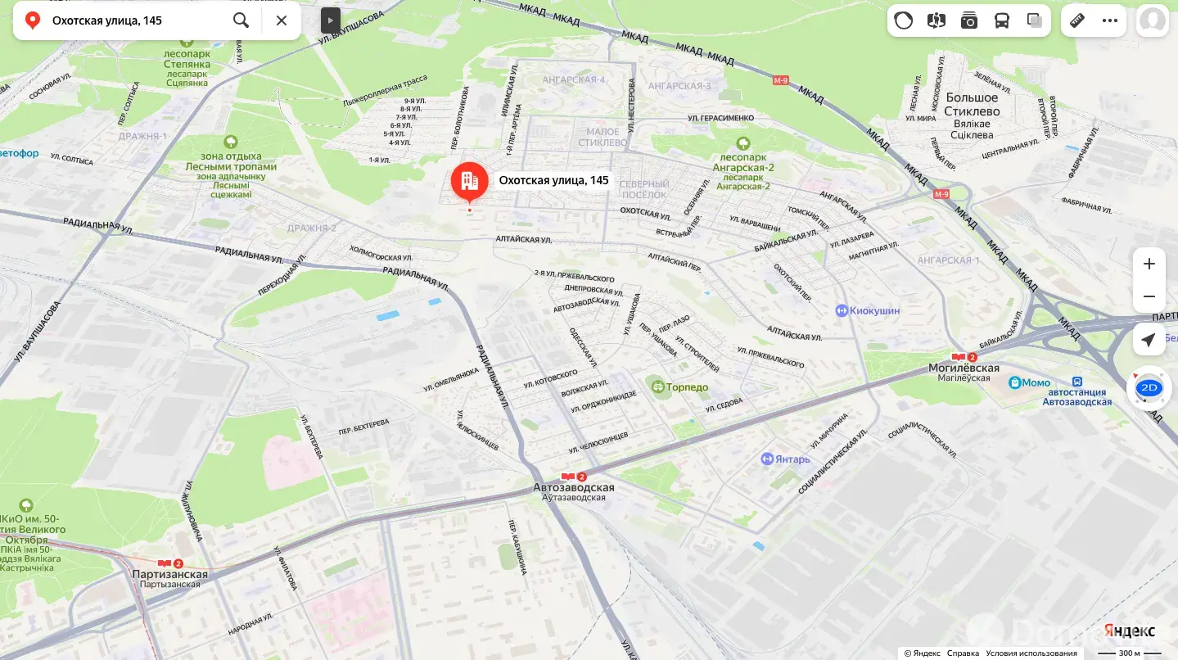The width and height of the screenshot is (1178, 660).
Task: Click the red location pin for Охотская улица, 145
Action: coord(469,182)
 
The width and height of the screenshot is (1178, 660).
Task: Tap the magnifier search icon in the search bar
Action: coord(241,20)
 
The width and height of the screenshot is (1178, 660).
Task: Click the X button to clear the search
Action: coord(282,20)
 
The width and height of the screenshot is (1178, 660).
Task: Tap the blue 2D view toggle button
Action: coord(1149,388)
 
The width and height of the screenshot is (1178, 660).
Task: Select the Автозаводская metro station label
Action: coord(573,487)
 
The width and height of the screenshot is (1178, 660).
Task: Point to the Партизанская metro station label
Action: coord(170,574)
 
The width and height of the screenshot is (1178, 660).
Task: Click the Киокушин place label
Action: coord(874,310)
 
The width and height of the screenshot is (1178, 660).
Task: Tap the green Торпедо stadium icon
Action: coord(656,387)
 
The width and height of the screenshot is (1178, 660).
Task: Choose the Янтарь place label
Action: coord(792,459)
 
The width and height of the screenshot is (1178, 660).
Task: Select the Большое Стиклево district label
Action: coord(972,104)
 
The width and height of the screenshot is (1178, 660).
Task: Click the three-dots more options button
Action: coord(1110,20)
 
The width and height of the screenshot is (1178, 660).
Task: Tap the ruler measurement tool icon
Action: coord(1077,20)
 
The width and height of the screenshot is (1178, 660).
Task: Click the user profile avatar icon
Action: coord(1152,20)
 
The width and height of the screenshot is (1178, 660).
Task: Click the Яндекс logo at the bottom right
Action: coord(1130,631)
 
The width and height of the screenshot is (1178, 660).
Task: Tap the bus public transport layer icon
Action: coord(1002,20)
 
